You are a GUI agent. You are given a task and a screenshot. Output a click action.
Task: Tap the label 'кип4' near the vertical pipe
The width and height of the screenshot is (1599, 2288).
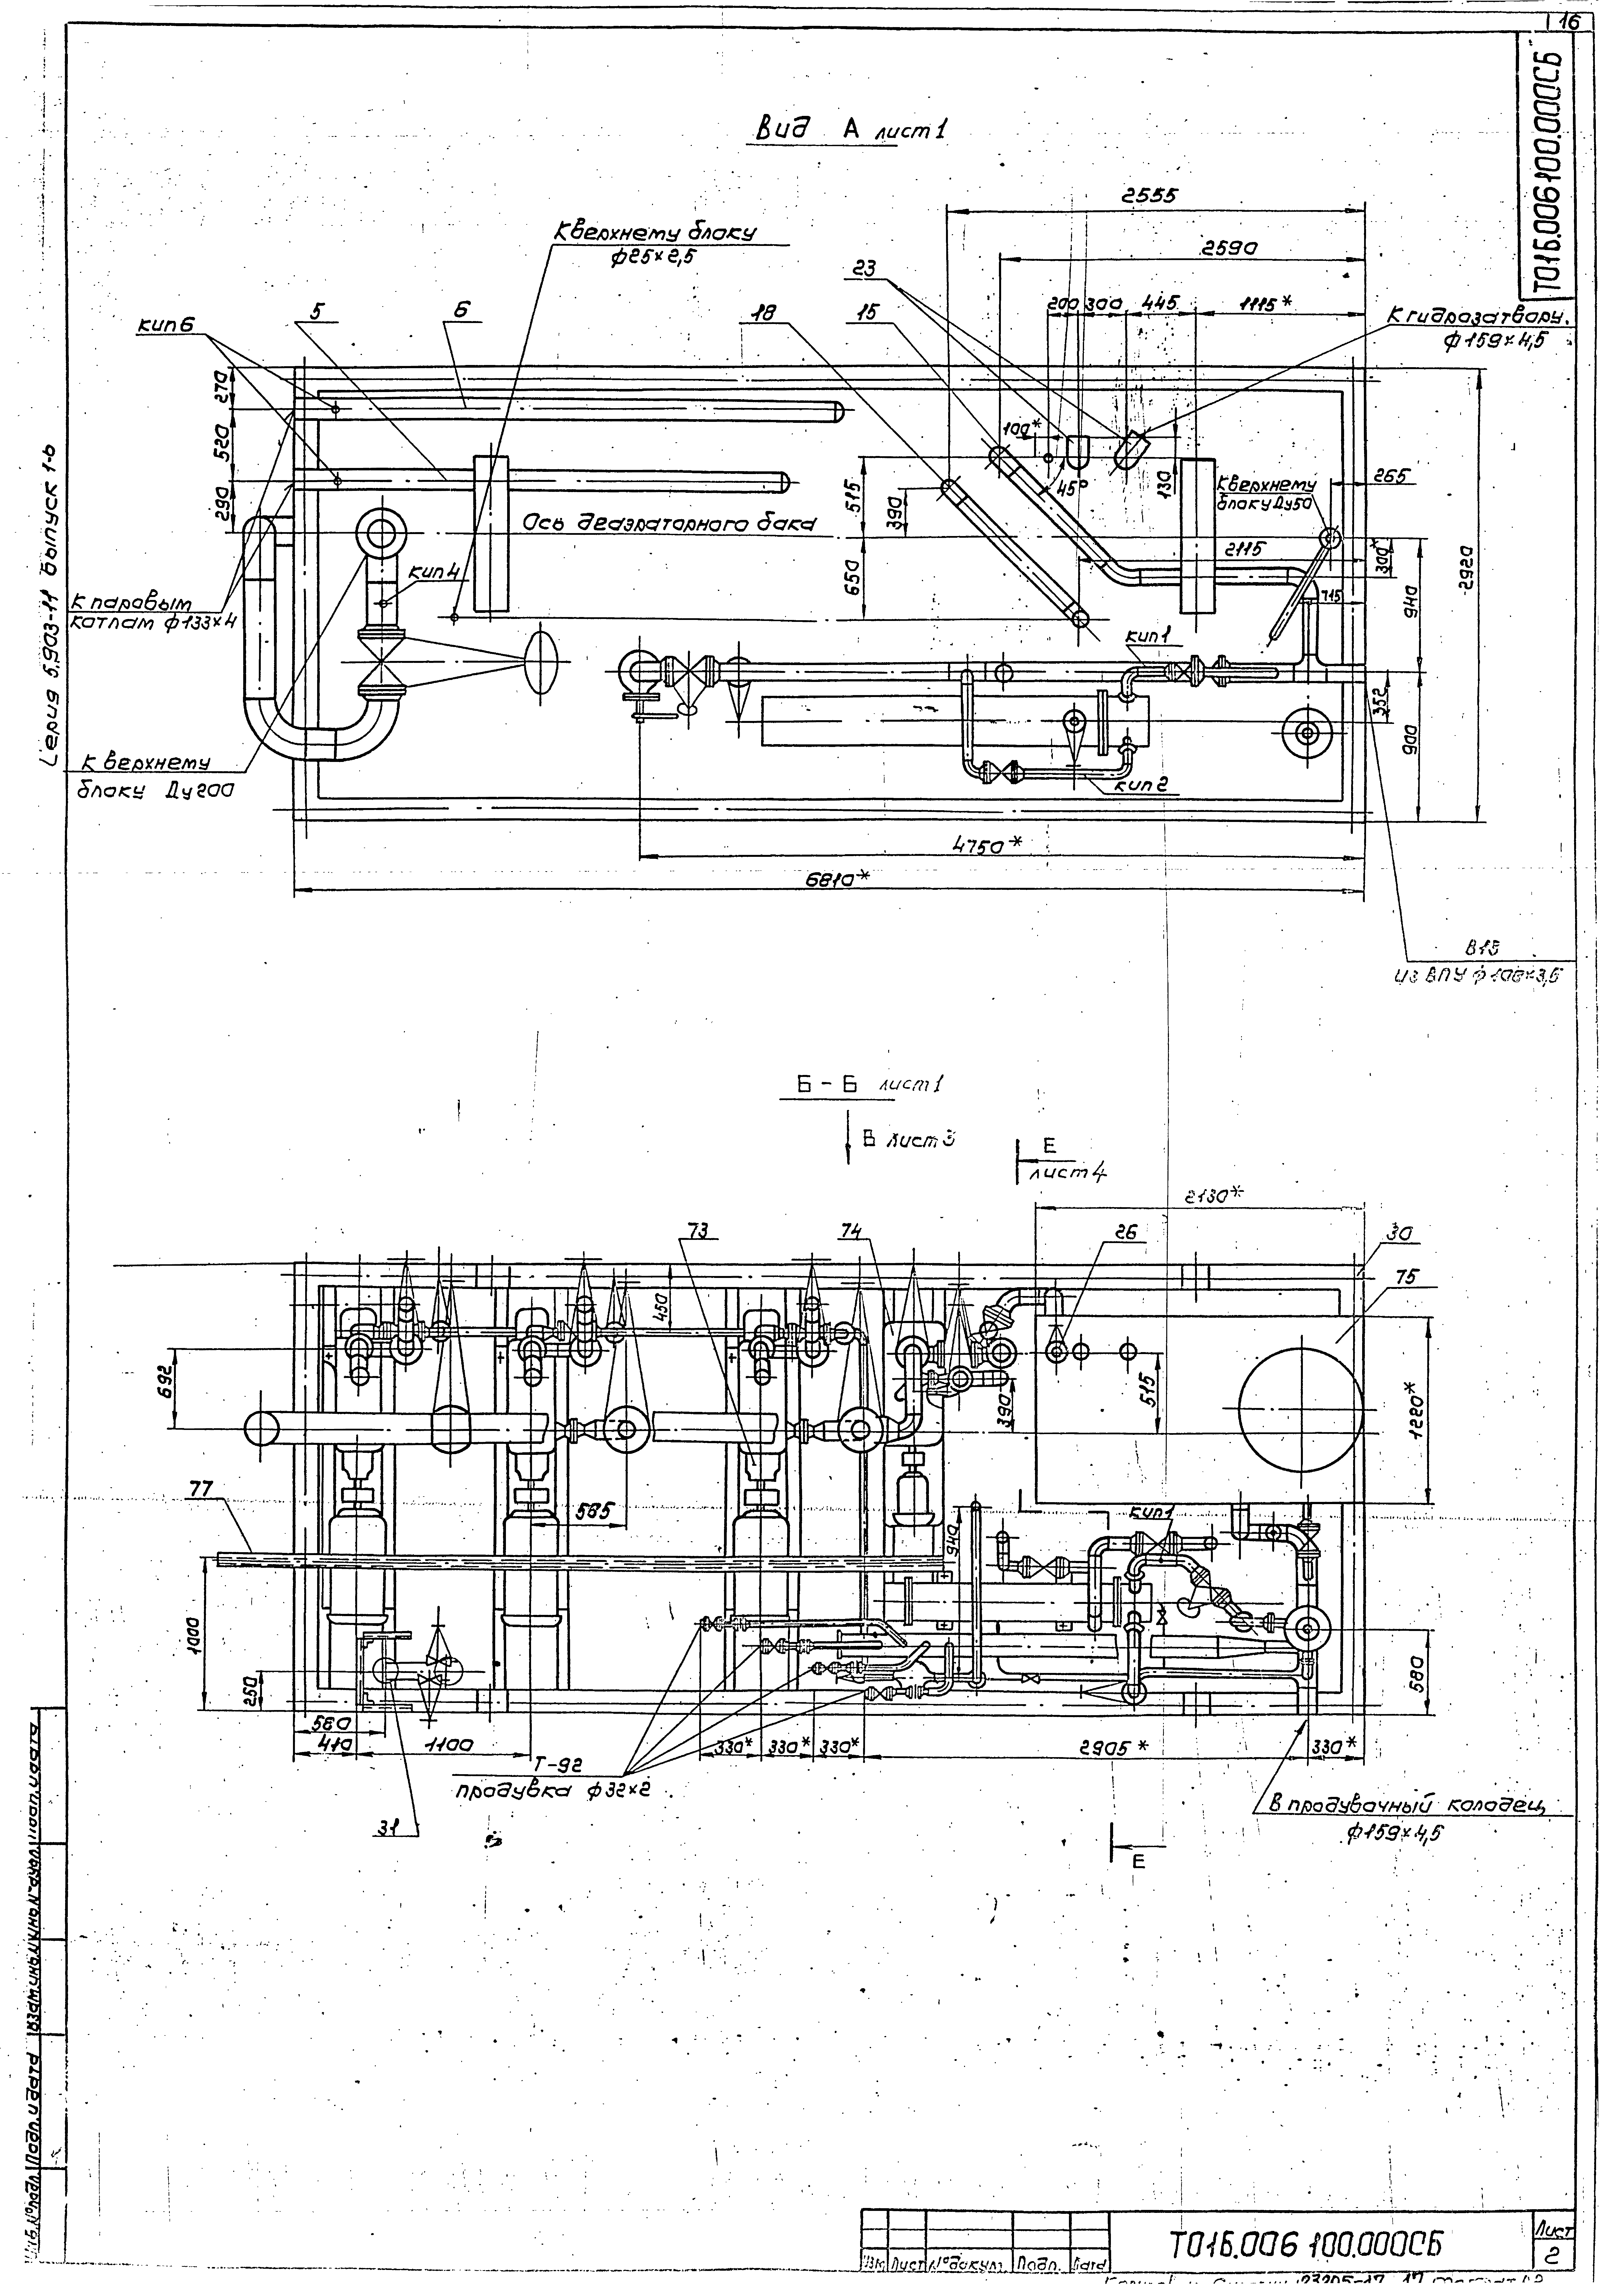[432, 573]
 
